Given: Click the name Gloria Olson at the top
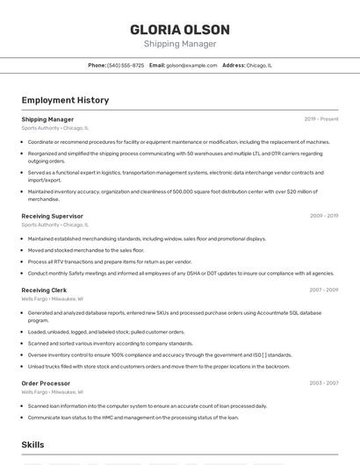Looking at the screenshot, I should click(x=180, y=30).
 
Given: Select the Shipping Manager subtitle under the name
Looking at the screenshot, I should click(x=180, y=44).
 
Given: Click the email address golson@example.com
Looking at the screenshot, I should click(x=191, y=66).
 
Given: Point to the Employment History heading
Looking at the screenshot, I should click(x=65, y=100).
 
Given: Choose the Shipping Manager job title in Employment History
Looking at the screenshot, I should click(x=47, y=119).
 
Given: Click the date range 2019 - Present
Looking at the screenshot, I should click(x=321, y=119).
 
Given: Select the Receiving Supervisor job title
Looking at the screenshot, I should click(x=52, y=216).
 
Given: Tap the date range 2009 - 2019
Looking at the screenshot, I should click(x=324, y=216).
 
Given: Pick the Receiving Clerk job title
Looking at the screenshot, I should click(x=44, y=290).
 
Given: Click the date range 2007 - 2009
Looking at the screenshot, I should click(x=324, y=290).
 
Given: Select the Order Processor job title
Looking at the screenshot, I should click(x=46, y=383).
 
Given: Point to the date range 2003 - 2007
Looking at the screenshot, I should click(x=324, y=383).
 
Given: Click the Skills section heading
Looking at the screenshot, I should click(x=32, y=446).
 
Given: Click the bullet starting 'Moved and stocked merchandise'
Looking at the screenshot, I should click(x=86, y=250).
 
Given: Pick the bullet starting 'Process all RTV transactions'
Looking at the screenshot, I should click(x=110, y=261).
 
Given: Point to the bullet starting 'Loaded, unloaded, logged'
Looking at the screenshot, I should click(x=106, y=333).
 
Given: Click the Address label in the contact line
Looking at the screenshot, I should click(x=233, y=66).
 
